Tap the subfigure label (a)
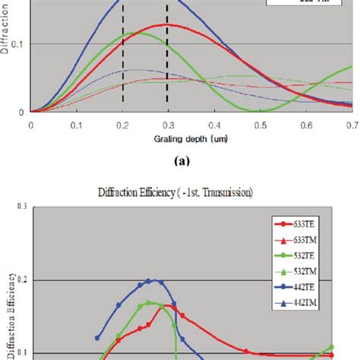(181, 161)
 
